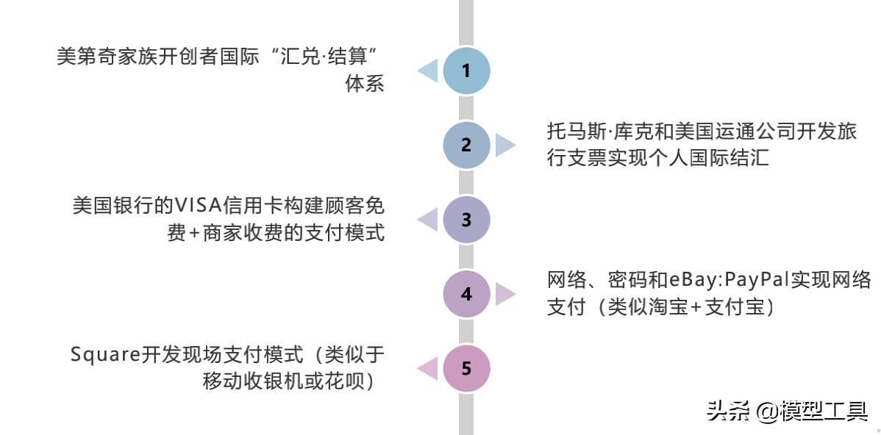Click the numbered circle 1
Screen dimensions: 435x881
click(466, 71)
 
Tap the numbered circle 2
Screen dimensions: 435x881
click(466, 145)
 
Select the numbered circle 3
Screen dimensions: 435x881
click(466, 219)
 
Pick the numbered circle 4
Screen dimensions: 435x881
click(466, 294)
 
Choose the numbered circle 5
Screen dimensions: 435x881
click(466, 368)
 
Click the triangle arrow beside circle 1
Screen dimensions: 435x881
click(427, 71)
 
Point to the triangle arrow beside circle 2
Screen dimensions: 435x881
click(505, 145)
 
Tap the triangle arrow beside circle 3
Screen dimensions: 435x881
click(427, 219)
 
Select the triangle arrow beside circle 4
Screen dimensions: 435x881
click(505, 294)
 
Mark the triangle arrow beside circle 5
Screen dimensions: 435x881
click(427, 368)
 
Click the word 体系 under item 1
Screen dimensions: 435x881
click(365, 84)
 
